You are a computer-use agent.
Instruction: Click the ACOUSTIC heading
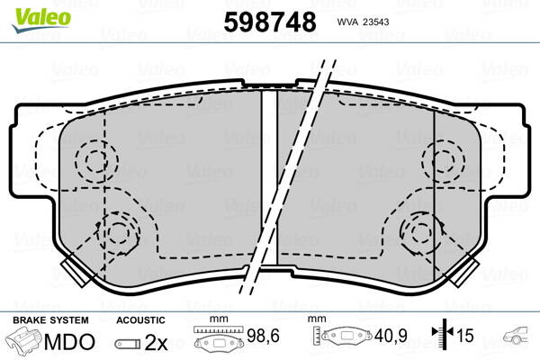pyautogui.click(x=141, y=319)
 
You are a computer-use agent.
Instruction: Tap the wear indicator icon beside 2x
pyautogui.click(x=128, y=343)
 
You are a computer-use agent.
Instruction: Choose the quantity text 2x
pyautogui.click(x=156, y=342)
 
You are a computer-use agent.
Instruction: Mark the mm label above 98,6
pyautogui.click(x=217, y=319)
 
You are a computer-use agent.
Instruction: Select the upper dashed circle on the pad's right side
pyautogui.click(x=443, y=162)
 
